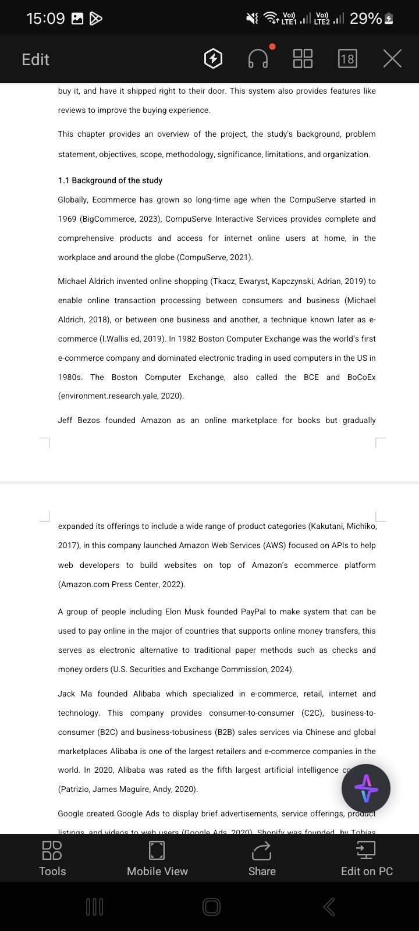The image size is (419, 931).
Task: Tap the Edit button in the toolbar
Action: [35, 59]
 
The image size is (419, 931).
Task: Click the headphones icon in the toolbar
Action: [258, 59]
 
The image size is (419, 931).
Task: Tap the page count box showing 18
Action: [347, 59]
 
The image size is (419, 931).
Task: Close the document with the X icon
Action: [393, 59]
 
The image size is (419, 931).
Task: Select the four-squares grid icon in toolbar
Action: [303, 59]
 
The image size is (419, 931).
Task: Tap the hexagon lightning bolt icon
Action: [214, 59]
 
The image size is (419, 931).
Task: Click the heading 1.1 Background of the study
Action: [110, 180]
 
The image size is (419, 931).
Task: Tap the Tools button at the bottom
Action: [52, 858]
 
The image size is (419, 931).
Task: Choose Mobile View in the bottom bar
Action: [157, 858]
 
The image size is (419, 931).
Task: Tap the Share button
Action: [262, 858]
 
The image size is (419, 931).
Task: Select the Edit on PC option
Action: [367, 858]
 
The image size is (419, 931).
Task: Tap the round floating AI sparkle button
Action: [366, 788]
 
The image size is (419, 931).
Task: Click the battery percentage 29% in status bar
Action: [365, 19]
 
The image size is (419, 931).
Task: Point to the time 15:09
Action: [45, 19]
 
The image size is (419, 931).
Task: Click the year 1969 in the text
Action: [67, 219]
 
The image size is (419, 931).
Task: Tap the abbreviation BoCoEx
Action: [361, 377]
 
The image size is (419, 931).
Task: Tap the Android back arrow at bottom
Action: [329, 906]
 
